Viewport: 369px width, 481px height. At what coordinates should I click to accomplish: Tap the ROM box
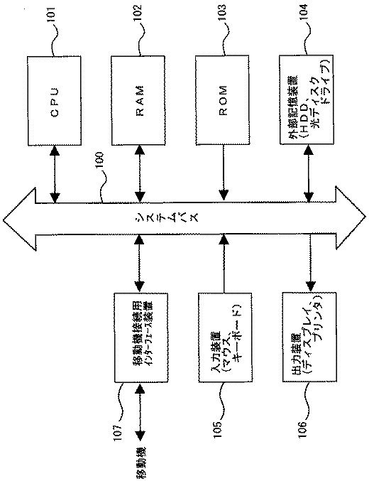click(x=224, y=102)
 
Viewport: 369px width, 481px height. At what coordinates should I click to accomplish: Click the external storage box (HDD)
click(x=308, y=102)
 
